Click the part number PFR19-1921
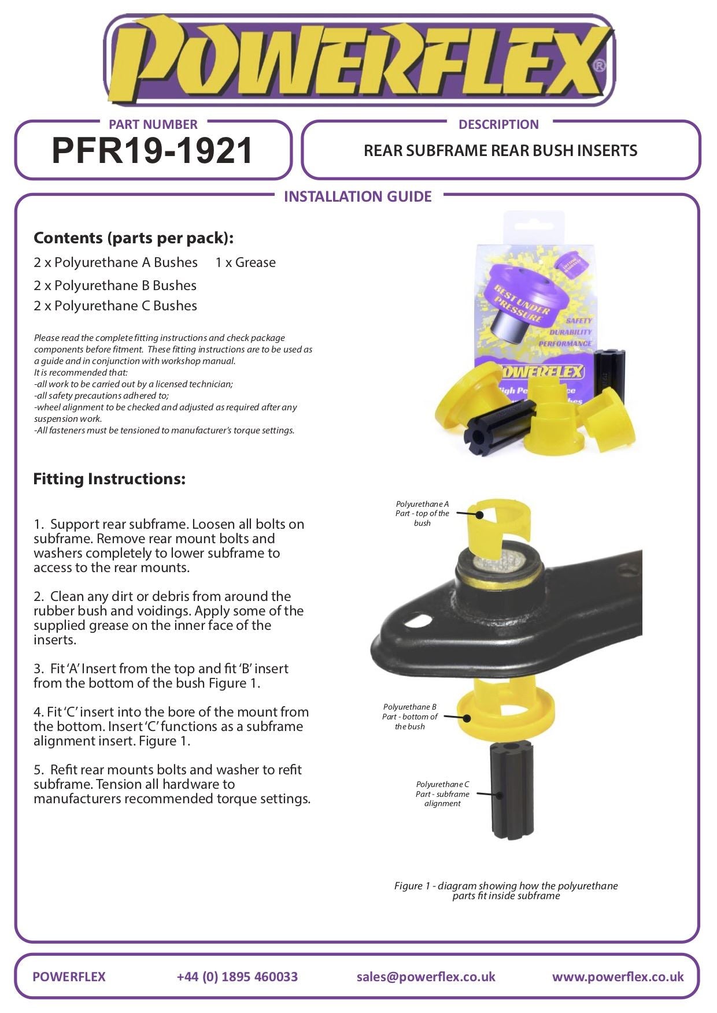(153, 151)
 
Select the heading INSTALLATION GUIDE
(357, 196)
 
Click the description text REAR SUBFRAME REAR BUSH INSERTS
(500, 151)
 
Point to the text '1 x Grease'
(245, 262)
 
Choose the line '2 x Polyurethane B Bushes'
(115, 285)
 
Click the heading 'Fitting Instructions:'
(109, 478)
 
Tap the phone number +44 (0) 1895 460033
(237, 977)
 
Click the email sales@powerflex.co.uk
(426, 977)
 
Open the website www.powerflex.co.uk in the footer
(618, 977)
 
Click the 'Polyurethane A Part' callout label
(422, 513)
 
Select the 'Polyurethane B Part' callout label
(409, 717)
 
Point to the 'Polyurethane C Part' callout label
(442, 793)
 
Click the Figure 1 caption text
(506, 890)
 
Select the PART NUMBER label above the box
(153, 124)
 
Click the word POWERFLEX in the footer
(69, 977)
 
